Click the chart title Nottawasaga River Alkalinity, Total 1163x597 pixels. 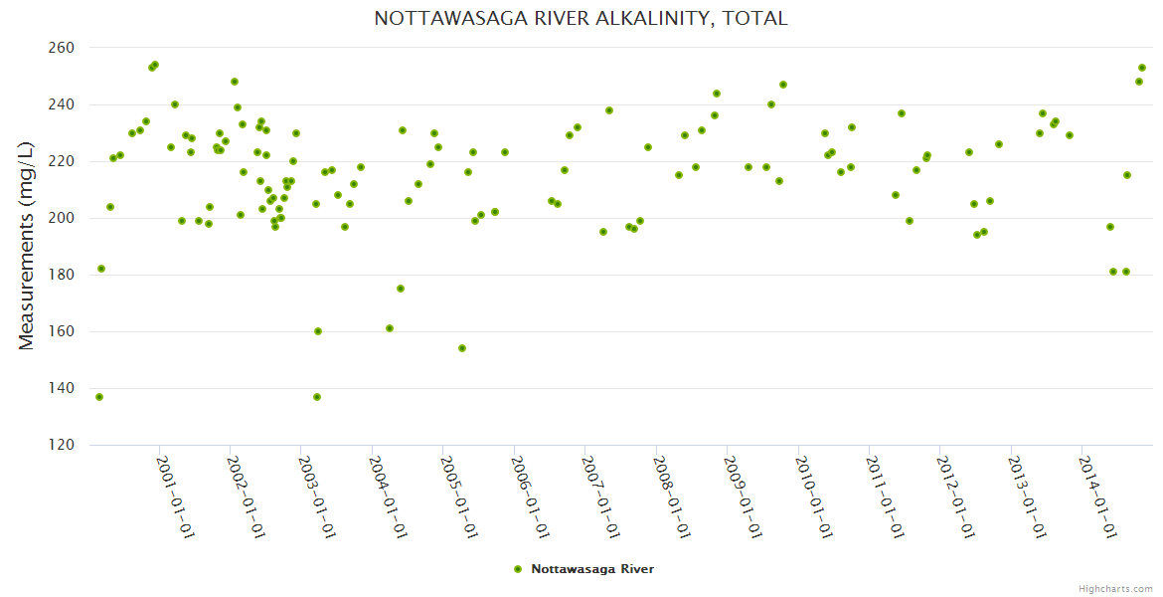[x=581, y=19]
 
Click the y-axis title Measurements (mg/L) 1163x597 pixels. [x=27, y=246]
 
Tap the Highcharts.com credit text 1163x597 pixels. [x=1115, y=589]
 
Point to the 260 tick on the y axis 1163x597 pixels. [x=62, y=48]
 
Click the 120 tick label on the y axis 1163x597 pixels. [x=62, y=445]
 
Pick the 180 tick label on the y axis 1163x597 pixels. [x=62, y=275]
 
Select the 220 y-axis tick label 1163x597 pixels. [x=62, y=161]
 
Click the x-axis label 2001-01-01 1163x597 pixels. [x=175, y=497]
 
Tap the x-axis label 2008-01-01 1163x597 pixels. [x=672, y=497]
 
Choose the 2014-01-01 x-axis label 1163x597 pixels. [x=1097, y=497]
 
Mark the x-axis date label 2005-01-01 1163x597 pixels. [x=459, y=497]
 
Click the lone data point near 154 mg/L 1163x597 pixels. [x=462, y=348]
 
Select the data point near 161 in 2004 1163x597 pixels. [x=390, y=328]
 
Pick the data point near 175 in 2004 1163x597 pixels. [x=401, y=289]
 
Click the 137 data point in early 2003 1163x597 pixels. [x=317, y=397]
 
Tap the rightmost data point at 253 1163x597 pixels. [x=1142, y=68]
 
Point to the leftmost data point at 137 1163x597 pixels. [x=99, y=397]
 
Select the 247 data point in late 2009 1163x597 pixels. [x=783, y=85]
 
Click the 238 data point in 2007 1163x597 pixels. [x=609, y=110]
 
